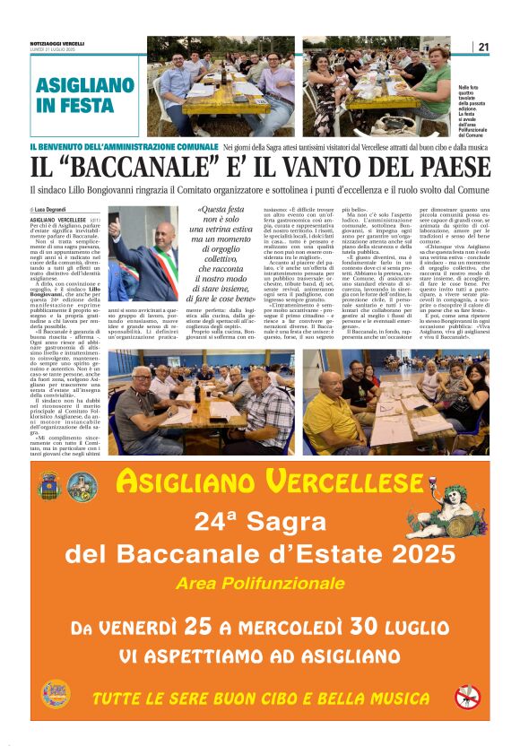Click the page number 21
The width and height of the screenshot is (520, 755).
coord(483,48)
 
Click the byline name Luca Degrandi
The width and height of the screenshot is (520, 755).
coord(56,209)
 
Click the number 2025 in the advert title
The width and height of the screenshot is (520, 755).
coord(420,554)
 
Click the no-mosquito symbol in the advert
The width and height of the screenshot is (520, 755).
coord(466,696)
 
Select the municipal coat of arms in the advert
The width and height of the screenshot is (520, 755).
coord(49,486)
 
